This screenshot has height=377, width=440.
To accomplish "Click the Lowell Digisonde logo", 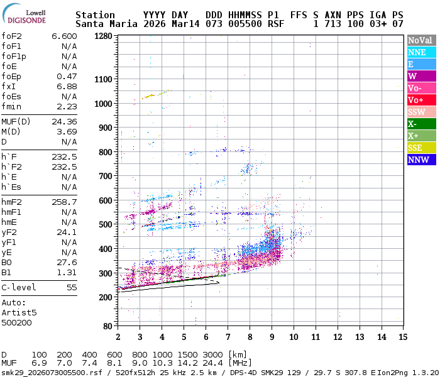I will (25, 15).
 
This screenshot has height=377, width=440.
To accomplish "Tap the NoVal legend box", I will (420, 40).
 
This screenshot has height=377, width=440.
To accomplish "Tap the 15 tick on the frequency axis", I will (402, 337).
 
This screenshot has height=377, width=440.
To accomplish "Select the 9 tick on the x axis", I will (272, 337).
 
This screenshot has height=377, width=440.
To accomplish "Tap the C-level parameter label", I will (19, 287).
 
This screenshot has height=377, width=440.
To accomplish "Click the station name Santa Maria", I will (104, 24).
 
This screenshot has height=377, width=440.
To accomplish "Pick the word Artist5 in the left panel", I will (19, 312).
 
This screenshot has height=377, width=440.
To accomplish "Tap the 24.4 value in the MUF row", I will (213, 363).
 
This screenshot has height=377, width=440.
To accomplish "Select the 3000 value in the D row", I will (213, 354).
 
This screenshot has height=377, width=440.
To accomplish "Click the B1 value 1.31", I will (67, 272).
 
